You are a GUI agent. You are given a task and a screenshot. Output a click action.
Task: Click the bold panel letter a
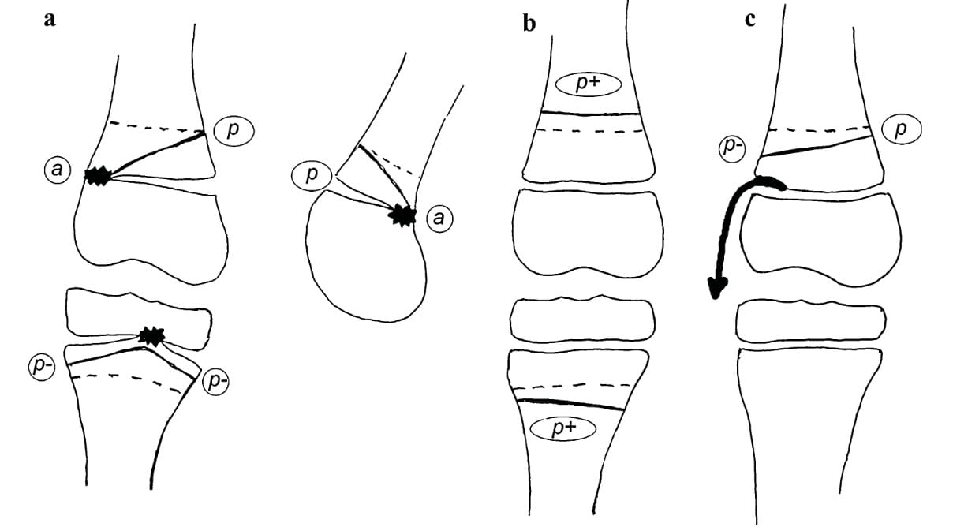click(x=50, y=20)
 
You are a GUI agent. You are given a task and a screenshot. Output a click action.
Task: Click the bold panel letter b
click(x=529, y=23)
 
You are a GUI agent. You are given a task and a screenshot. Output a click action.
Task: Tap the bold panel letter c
click(x=749, y=19)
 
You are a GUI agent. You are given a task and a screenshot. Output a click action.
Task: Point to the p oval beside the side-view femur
click(x=312, y=175)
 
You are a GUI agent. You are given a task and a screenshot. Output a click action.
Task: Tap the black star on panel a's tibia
click(x=151, y=336)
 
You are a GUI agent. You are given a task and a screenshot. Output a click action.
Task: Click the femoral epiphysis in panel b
click(x=585, y=229)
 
